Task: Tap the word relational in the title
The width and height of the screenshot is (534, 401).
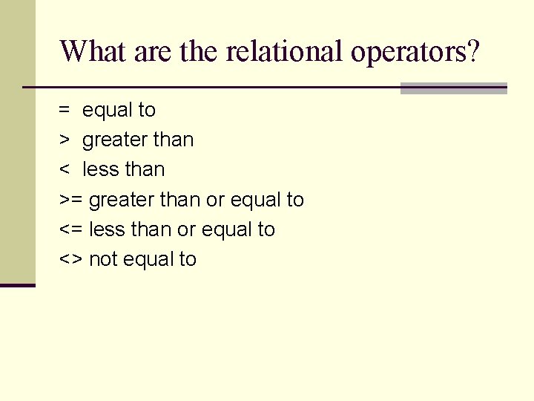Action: point(284,51)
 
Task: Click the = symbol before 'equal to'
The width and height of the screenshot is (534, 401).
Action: point(65,110)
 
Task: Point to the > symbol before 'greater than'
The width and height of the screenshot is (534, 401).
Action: point(65,140)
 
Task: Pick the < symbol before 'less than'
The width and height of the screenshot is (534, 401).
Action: point(65,170)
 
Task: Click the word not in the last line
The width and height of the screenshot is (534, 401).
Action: point(103,259)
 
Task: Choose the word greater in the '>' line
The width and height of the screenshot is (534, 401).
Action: point(114,140)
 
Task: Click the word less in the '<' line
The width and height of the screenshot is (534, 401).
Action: point(100,169)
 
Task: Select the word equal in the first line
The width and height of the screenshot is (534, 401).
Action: point(107,110)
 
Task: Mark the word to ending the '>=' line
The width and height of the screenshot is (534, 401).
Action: point(295,200)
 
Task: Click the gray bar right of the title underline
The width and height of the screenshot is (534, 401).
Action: point(453,88)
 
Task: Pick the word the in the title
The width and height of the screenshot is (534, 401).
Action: point(199,51)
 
